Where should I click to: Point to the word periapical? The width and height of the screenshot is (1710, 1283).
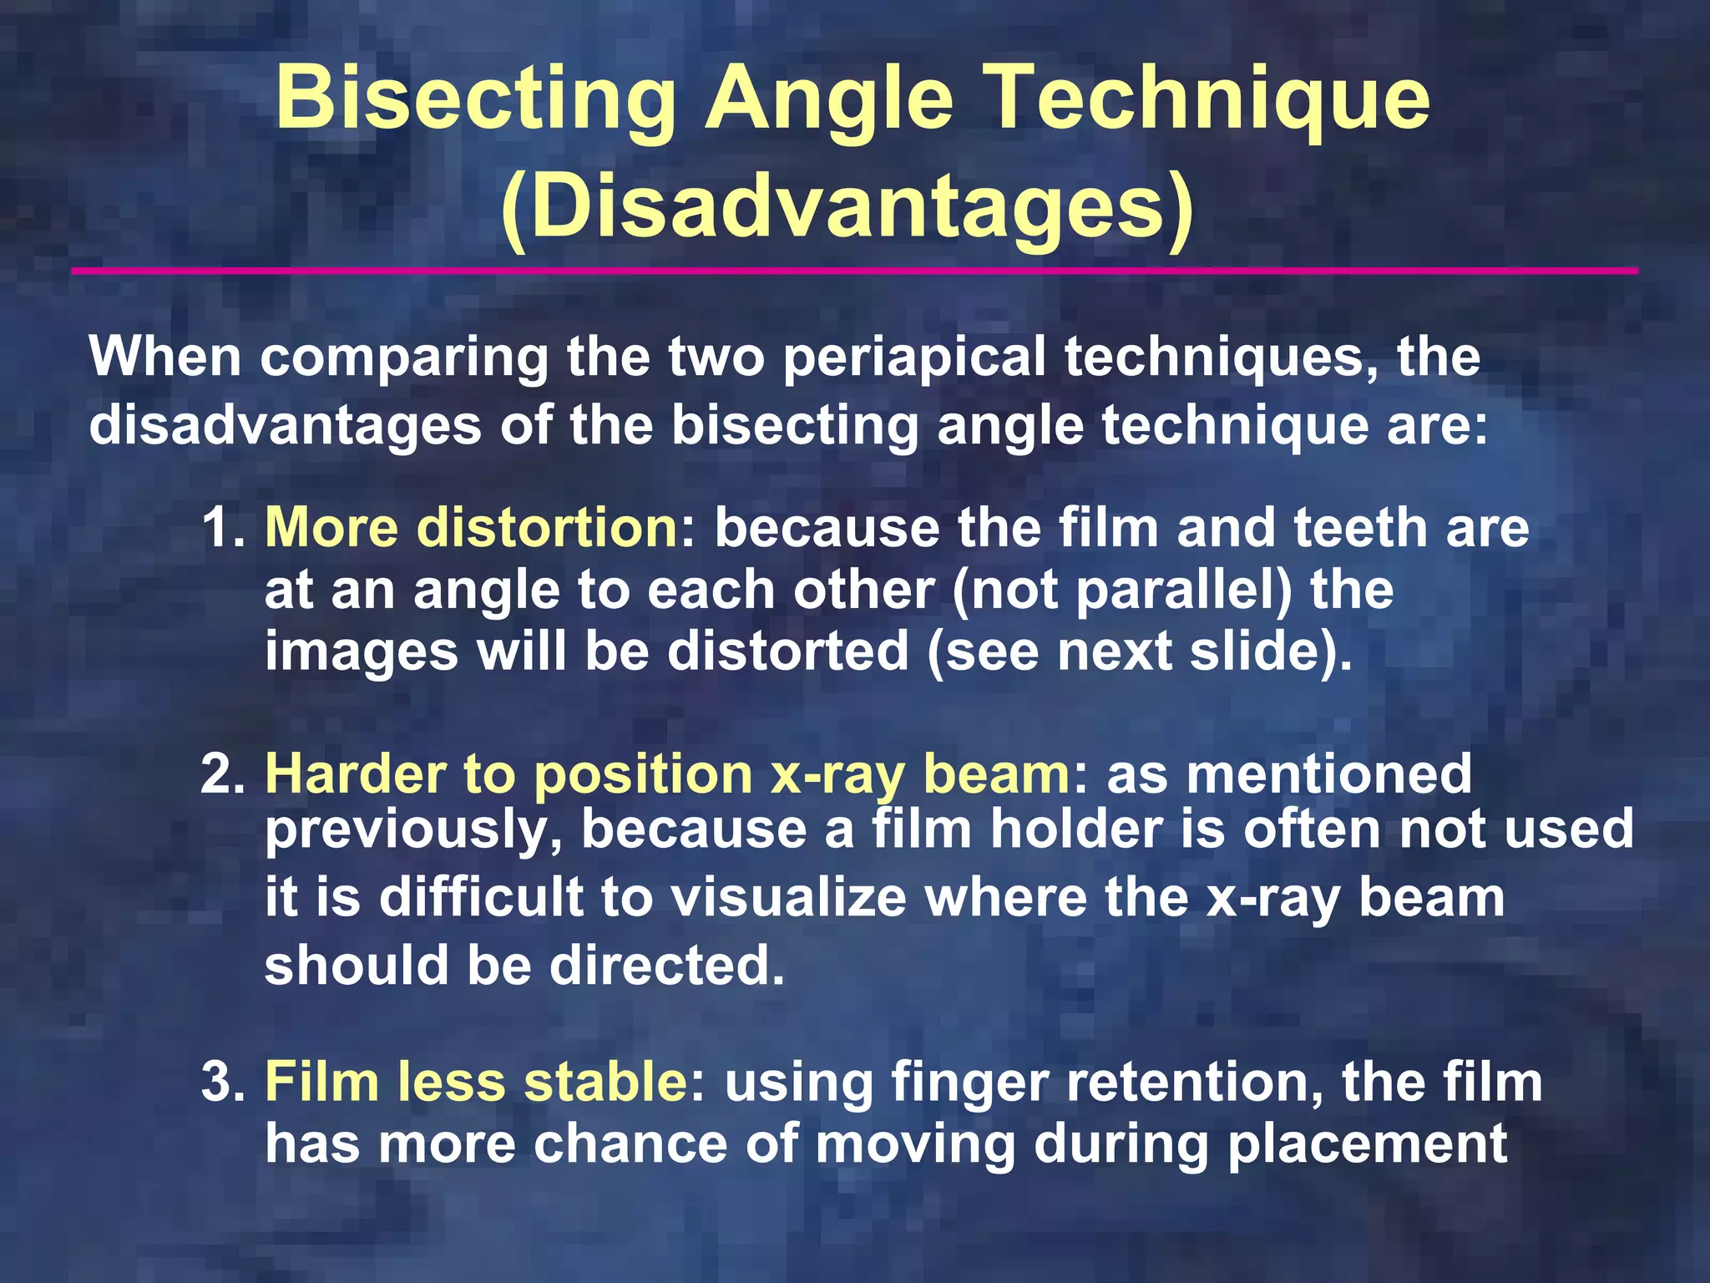pyautogui.click(x=914, y=358)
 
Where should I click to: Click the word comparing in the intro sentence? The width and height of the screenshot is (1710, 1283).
pyautogui.click(x=404, y=358)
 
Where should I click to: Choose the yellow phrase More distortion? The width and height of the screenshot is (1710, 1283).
pyautogui.click(x=472, y=529)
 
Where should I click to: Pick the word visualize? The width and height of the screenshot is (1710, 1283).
pyautogui.click(x=789, y=898)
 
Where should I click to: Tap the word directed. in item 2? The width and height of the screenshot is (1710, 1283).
pyautogui.click(x=667, y=966)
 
